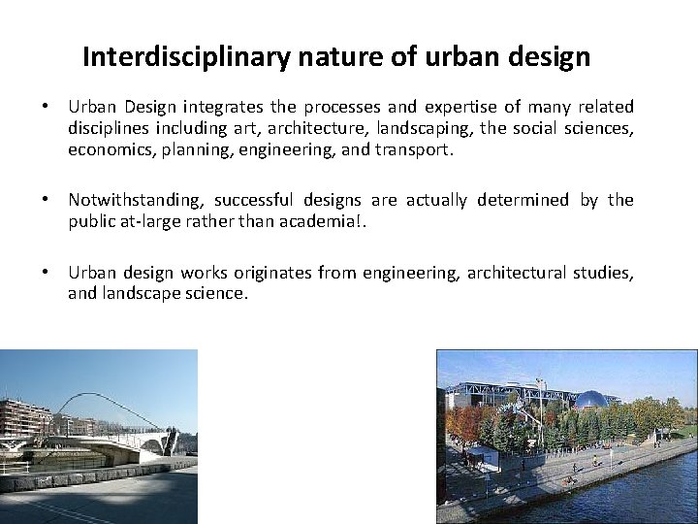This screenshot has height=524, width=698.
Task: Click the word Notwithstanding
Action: [135, 201]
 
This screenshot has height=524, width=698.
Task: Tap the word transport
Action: [415, 149]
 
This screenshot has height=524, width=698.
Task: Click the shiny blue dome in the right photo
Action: [591, 399]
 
